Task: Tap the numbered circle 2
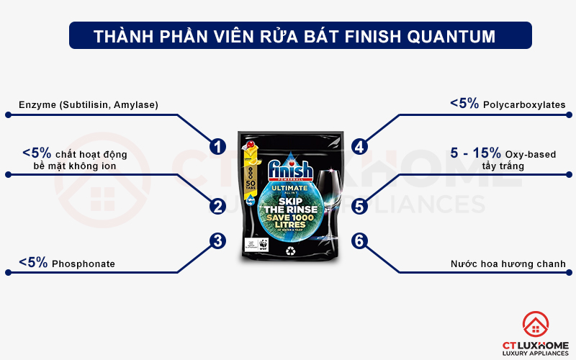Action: click(217, 207)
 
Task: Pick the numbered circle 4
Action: click(360, 147)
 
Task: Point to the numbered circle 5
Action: click(360, 207)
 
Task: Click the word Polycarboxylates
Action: click(525, 105)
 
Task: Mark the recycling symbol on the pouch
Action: click(291, 251)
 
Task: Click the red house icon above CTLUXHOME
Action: click(536, 323)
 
